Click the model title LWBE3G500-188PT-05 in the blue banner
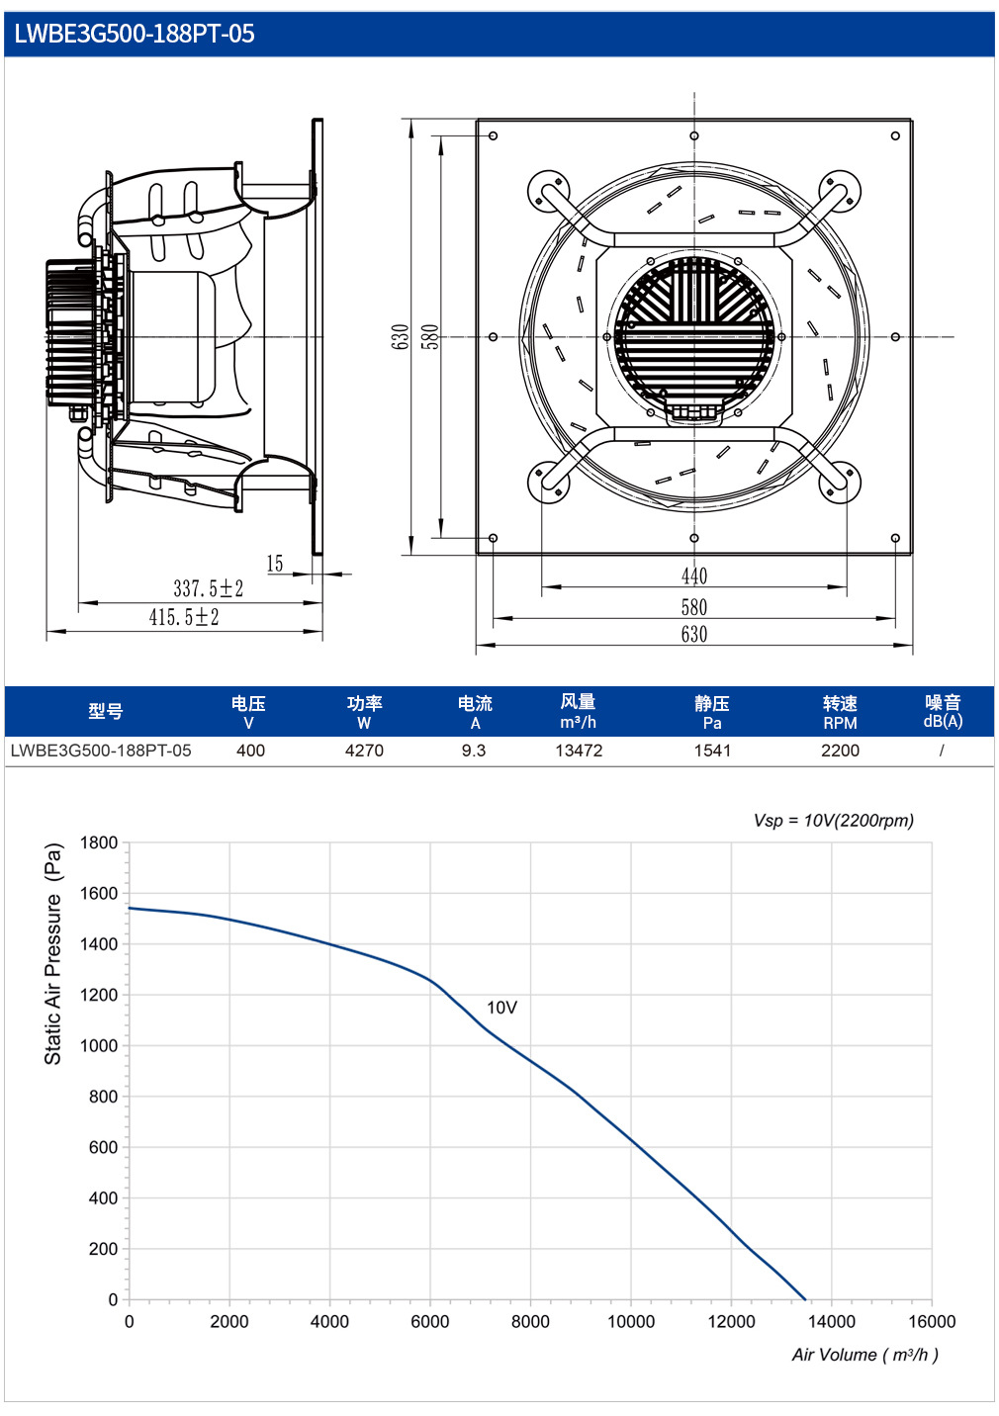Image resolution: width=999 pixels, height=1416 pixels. pos(135,34)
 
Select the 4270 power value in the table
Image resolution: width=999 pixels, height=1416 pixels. pos(364,751)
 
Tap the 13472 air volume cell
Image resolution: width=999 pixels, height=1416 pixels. pos(579,751)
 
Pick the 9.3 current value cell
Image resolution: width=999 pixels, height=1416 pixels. pos(474,751)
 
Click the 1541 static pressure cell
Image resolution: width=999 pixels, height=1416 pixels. pos(712,751)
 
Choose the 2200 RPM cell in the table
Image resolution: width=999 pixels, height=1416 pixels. pos(840,751)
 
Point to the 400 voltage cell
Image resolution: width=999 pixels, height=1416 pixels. pos(250,751)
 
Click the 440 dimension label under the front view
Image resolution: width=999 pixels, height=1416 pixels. pos(693,575)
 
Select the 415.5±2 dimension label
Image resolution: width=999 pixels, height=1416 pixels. pos(184,617)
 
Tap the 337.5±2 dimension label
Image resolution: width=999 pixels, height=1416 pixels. pos(209,588)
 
